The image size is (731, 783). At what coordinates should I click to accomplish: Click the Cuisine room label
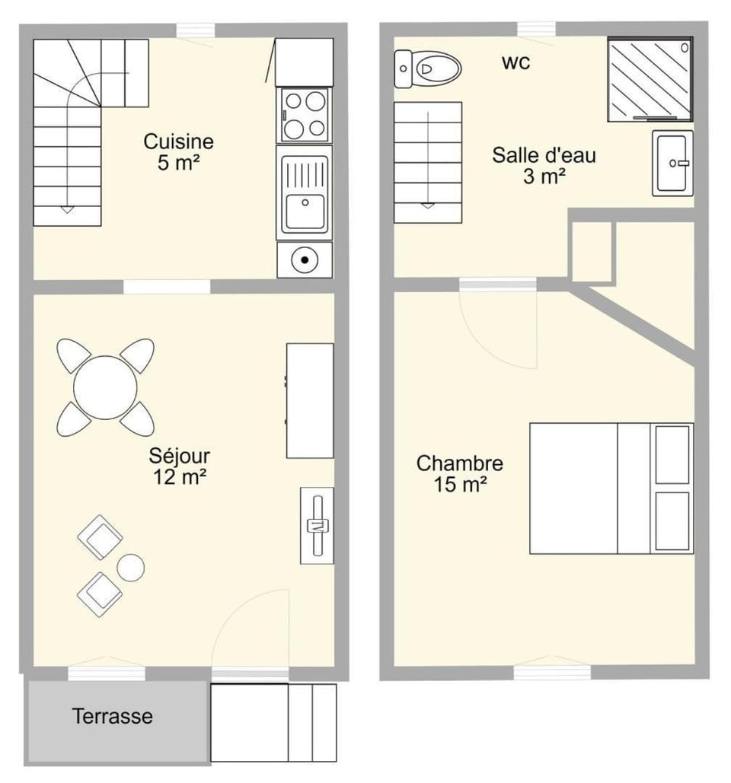pos(178,152)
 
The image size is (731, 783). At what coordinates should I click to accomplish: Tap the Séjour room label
pos(180,466)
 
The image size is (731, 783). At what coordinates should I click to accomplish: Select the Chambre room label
pos(460,473)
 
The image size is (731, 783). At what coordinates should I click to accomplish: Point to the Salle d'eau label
pos(544,165)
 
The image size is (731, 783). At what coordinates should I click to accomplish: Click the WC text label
pos(516,63)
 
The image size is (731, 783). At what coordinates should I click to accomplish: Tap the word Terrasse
pos(113,716)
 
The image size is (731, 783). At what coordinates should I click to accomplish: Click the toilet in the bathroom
pos(427,69)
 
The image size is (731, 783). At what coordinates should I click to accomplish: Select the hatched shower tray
pos(650,79)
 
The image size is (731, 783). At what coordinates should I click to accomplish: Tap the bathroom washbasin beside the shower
pos(672,164)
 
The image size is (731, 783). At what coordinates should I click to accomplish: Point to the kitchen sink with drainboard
pos(305,193)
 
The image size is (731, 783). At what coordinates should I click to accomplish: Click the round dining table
pos(105,387)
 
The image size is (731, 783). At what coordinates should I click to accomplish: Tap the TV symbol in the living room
pos(318,525)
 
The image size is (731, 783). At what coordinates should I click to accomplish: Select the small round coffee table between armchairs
pos(131,568)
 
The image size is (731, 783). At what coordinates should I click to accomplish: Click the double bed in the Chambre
pos(611,489)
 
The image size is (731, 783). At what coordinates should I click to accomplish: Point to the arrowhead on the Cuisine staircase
pos(68,210)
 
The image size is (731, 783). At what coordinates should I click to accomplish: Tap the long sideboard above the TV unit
pos(310,400)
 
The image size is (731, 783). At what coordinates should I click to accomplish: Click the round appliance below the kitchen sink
pos(305,259)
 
